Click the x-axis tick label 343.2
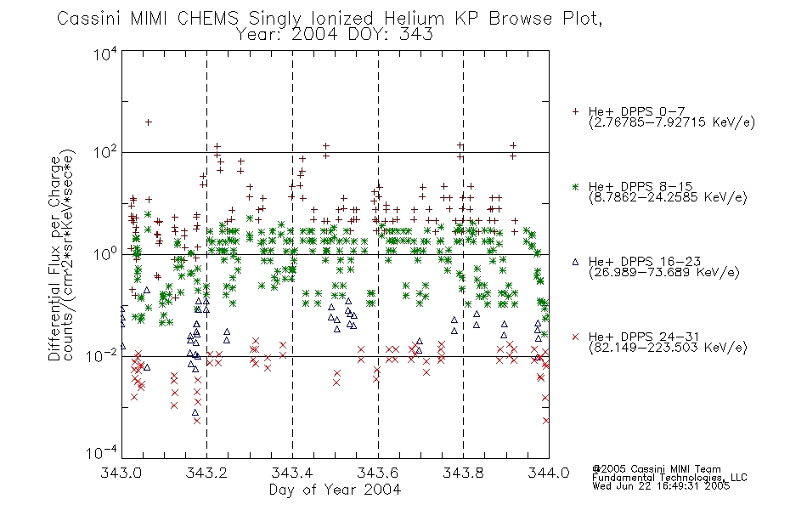click(206, 473)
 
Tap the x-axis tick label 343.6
click(378, 473)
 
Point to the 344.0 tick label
click(549, 473)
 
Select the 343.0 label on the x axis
click(121, 473)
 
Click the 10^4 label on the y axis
click(106, 54)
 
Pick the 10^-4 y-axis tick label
click(103, 452)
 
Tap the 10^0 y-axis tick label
click(106, 254)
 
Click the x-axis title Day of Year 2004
click(335, 490)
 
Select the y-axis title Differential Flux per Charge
click(54, 258)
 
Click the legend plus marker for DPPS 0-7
click(575, 111)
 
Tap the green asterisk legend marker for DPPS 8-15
click(575, 186)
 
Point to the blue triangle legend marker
click(575, 262)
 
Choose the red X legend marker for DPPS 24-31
click(575, 337)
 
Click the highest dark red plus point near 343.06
click(148, 122)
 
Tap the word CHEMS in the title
click(208, 19)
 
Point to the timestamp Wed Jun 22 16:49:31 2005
click(661, 486)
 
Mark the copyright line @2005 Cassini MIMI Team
click(657, 469)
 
